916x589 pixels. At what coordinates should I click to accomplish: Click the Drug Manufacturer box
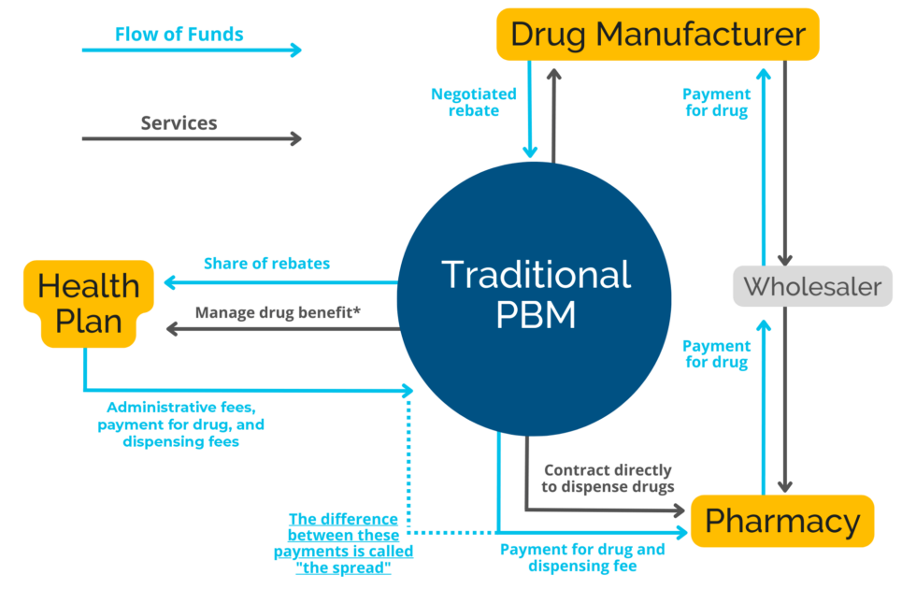(657, 35)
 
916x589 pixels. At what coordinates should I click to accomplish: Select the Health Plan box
(89, 303)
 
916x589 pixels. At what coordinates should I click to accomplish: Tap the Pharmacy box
(781, 521)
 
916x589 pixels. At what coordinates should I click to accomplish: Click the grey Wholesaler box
(811, 286)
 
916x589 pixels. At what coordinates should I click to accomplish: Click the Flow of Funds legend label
(179, 35)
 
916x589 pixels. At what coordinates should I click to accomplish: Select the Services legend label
(179, 122)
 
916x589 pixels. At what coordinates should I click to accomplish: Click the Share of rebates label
(266, 264)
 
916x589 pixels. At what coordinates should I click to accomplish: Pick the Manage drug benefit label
(278, 312)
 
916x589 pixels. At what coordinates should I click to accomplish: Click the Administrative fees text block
(180, 424)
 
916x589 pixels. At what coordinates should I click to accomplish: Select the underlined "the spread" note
(344, 543)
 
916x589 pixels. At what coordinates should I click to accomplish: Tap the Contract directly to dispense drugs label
(608, 478)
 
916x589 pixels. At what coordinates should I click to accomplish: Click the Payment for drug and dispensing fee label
(582, 557)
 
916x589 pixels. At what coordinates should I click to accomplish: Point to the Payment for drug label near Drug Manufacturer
(716, 103)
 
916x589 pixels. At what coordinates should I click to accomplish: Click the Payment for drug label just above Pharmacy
(716, 354)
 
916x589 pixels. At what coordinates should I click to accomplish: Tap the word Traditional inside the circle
(536, 275)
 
